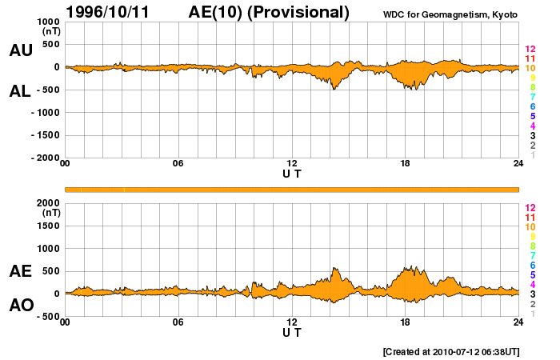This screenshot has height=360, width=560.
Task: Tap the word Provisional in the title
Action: [x=299, y=12]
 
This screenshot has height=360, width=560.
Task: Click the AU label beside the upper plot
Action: [x=21, y=50]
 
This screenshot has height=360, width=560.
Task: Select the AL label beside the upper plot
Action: [x=21, y=91]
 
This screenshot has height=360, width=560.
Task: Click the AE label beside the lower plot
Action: [x=21, y=271]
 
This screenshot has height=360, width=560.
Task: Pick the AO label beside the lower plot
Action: [x=21, y=305]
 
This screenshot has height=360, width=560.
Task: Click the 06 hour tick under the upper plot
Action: [x=178, y=164]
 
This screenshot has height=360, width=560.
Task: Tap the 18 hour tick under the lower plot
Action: [x=406, y=322]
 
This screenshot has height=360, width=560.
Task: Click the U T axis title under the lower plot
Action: [x=292, y=332]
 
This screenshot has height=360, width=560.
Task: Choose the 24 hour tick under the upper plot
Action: [x=518, y=164]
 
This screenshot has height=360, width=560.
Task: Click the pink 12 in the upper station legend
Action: [x=530, y=49]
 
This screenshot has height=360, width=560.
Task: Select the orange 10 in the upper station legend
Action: [x=530, y=68]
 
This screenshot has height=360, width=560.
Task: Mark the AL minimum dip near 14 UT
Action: [x=334, y=89]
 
